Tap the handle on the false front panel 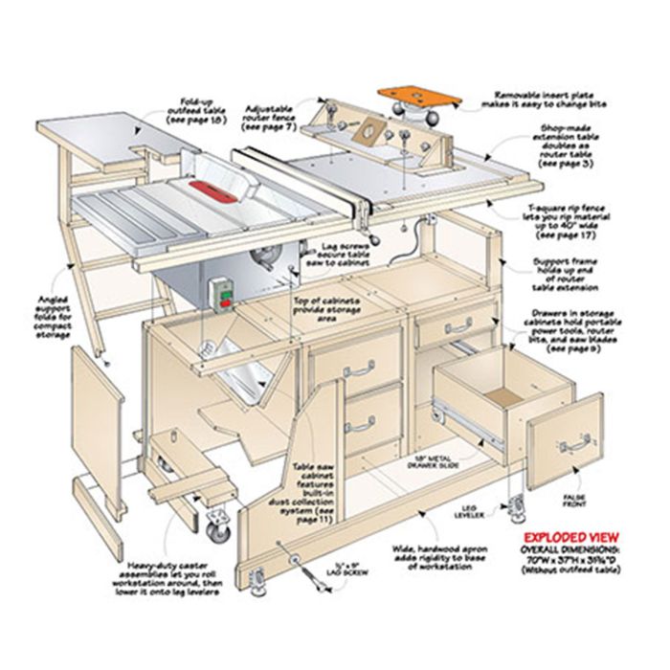click(x=573, y=443)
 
